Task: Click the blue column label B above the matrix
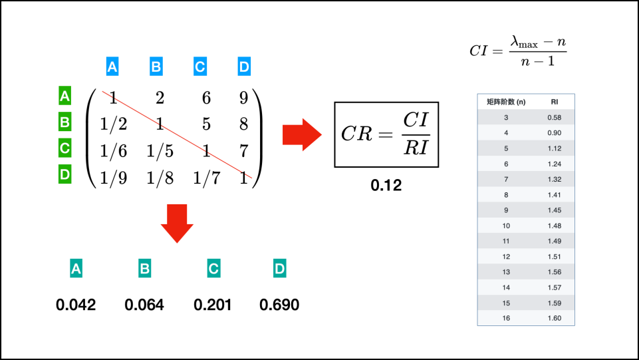point(156,67)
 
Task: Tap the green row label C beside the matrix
point(64,148)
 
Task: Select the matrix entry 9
point(243,98)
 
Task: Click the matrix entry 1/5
point(160,151)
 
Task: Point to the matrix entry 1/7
point(207,178)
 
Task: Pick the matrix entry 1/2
point(114,124)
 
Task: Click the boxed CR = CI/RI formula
point(386,134)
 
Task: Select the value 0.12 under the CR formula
point(386,186)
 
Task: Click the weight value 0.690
point(279,305)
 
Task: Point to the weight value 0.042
point(76,305)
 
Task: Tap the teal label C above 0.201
point(213,269)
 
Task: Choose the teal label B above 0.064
point(144,269)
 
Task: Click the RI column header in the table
point(554,102)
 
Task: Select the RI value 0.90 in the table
point(554,132)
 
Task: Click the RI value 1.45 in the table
point(554,210)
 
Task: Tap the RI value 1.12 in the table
point(554,148)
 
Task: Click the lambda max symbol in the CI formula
point(524,41)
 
